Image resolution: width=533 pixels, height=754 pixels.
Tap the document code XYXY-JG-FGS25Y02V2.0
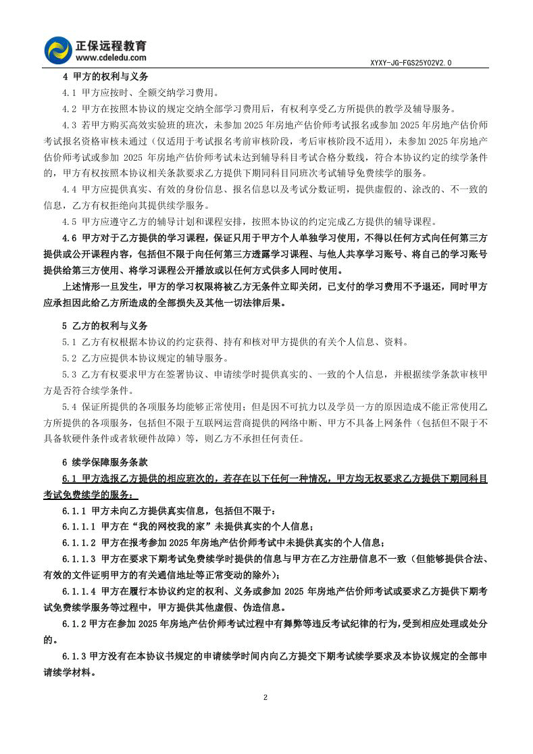(411, 63)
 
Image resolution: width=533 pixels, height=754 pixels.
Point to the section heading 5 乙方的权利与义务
(105, 325)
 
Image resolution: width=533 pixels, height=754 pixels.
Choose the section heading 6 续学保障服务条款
(105, 463)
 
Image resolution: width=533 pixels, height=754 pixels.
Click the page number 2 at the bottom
(266, 697)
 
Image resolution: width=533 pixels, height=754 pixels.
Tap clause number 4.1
(69, 93)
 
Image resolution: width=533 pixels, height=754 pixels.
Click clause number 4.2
(69, 108)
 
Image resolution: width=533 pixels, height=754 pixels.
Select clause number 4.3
(69, 124)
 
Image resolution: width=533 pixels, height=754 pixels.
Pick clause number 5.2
(69, 357)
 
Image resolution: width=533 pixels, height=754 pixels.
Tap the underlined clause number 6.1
(69, 478)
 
